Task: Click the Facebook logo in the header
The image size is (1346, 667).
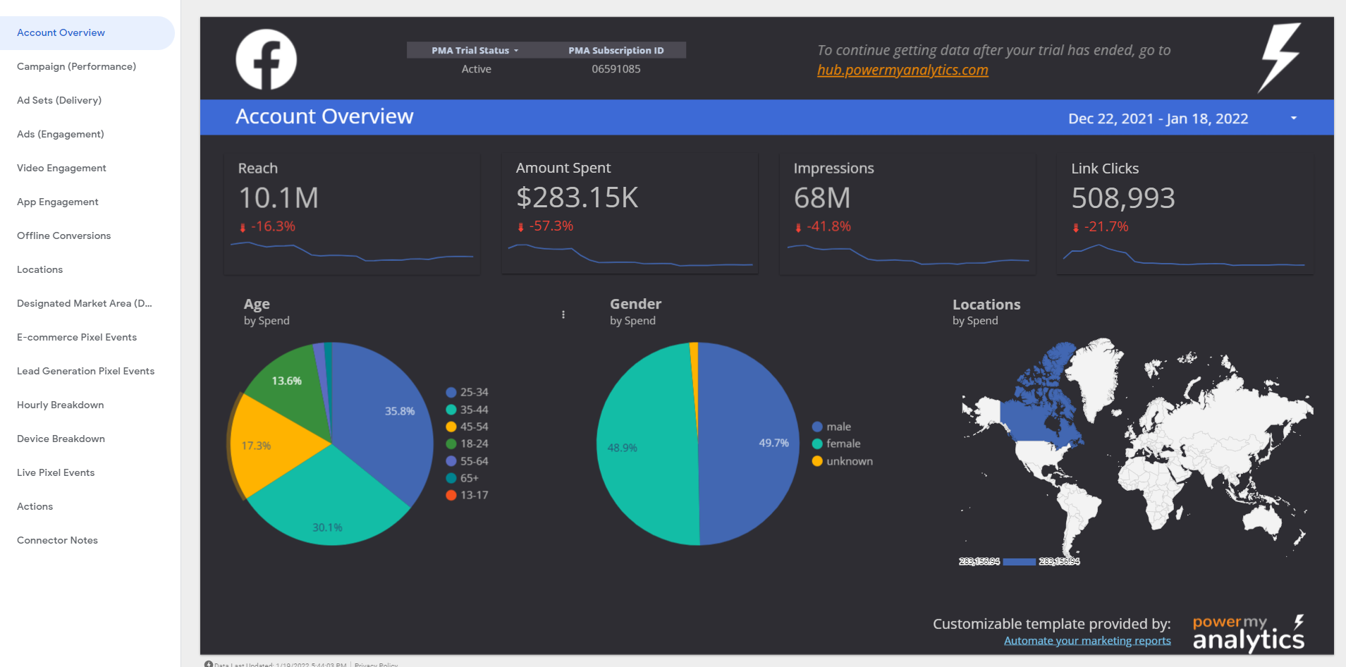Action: [x=266, y=59]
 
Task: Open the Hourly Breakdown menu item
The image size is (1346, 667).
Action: [x=61, y=405]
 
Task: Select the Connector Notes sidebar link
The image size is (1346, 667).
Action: [x=57, y=540]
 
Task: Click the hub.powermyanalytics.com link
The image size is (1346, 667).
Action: [x=903, y=71]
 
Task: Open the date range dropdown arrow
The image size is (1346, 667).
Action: [x=1294, y=118]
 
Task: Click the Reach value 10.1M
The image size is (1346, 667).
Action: [x=279, y=198]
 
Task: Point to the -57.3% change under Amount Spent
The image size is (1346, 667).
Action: [x=551, y=226]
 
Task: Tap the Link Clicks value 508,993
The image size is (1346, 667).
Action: [x=1122, y=198]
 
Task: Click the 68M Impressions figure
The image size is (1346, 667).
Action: [x=821, y=198]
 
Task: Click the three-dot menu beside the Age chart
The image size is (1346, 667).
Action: [x=563, y=314]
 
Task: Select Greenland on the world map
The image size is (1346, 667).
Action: [x=1096, y=374]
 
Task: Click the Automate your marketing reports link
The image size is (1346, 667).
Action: [x=1087, y=641]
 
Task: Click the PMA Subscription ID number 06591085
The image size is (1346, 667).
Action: [x=616, y=69]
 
